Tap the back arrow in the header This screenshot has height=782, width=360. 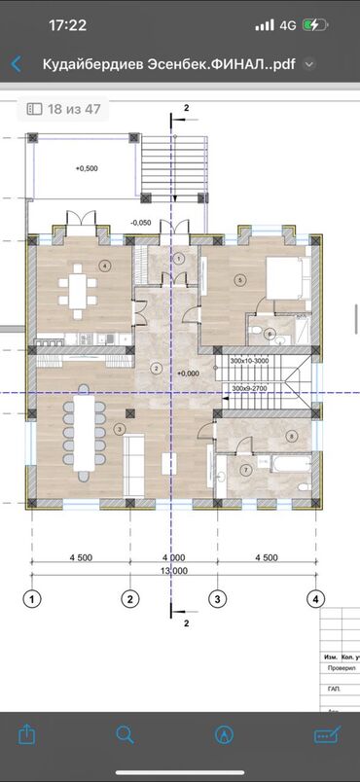click(x=16, y=65)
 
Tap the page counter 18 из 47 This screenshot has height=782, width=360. click(x=64, y=109)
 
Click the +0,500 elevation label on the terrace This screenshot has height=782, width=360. click(x=87, y=168)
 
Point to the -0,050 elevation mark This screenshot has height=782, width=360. click(x=140, y=223)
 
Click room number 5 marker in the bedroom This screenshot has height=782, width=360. click(x=238, y=280)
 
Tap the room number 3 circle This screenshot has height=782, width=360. click(x=119, y=428)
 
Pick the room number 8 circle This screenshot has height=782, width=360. click(x=291, y=437)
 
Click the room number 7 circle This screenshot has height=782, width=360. click(x=245, y=471)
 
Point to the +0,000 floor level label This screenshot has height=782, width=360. click(x=188, y=373)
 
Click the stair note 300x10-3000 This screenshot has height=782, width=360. click(x=250, y=361)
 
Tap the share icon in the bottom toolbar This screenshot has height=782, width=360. click(x=26, y=733)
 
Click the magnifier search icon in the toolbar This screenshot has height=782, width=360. click(x=126, y=733)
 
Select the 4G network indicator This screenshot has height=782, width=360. click(x=287, y=26)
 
